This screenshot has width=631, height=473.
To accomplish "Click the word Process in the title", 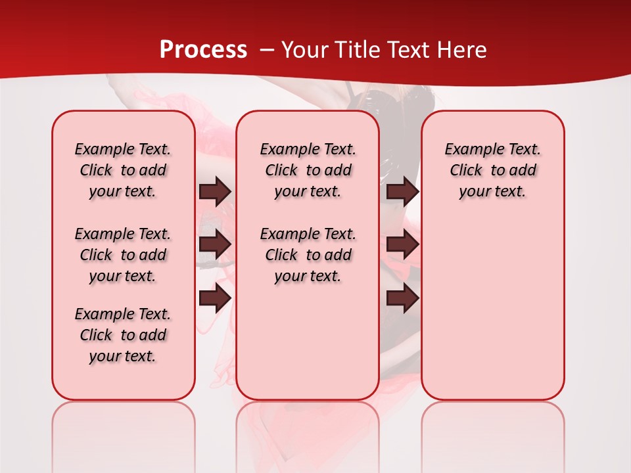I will (203, 50).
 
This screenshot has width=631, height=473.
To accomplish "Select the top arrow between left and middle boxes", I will (215, 192).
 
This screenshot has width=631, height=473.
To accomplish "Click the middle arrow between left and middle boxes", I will (215, 244).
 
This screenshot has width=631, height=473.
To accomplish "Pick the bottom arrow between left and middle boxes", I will (215, 298).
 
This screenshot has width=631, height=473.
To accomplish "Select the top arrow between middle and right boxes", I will (402, 192).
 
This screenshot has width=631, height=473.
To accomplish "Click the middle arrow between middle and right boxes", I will (402, 244).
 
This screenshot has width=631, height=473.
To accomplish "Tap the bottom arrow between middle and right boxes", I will (402, 298).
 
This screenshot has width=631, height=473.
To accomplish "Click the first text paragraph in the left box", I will (123, 170).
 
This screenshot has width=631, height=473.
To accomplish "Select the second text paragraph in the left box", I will (123, 255).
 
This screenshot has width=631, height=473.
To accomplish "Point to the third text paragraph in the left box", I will (123, 335).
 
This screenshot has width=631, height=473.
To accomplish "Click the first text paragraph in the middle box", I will (308, 170).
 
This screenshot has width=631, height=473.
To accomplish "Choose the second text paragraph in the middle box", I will (308, 255).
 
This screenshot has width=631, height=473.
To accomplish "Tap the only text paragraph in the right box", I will (492, 170).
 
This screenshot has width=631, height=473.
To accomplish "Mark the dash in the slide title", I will (267, 50).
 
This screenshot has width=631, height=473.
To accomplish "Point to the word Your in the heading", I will (305, 50).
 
